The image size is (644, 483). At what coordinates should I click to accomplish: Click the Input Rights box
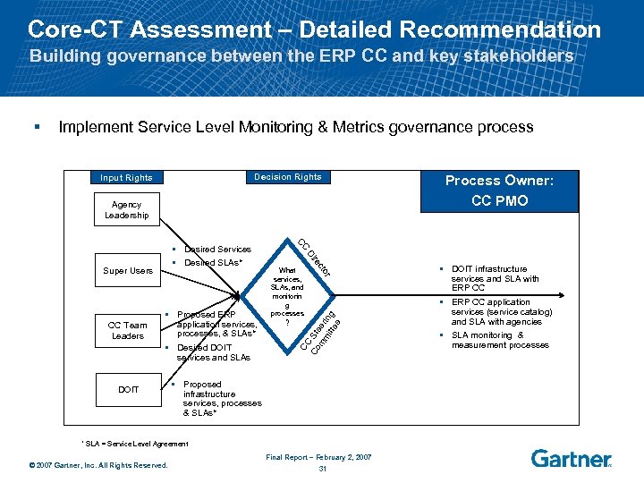[x=126, y=177]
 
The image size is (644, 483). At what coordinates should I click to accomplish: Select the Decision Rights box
[x=286, y=177]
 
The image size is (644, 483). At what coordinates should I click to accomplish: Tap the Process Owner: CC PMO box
[x=499, y=190]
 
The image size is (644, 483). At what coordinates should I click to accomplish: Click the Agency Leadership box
[x=127, y=210]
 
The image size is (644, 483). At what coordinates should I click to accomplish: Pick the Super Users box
[x=127, y=270]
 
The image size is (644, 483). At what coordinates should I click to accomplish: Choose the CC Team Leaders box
[x=127, y=330]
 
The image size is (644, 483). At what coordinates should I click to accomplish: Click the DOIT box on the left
[x=127, y=389]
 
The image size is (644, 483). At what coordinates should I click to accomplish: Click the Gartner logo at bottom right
[x=571, y=459]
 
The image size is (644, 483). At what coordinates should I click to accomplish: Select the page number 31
[x=322, y=469]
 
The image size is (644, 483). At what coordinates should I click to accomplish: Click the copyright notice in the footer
[x=97, y=463]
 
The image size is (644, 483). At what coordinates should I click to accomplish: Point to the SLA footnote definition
[x=135, y=444]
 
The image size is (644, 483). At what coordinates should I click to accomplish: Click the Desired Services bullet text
[x=217, y=249]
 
